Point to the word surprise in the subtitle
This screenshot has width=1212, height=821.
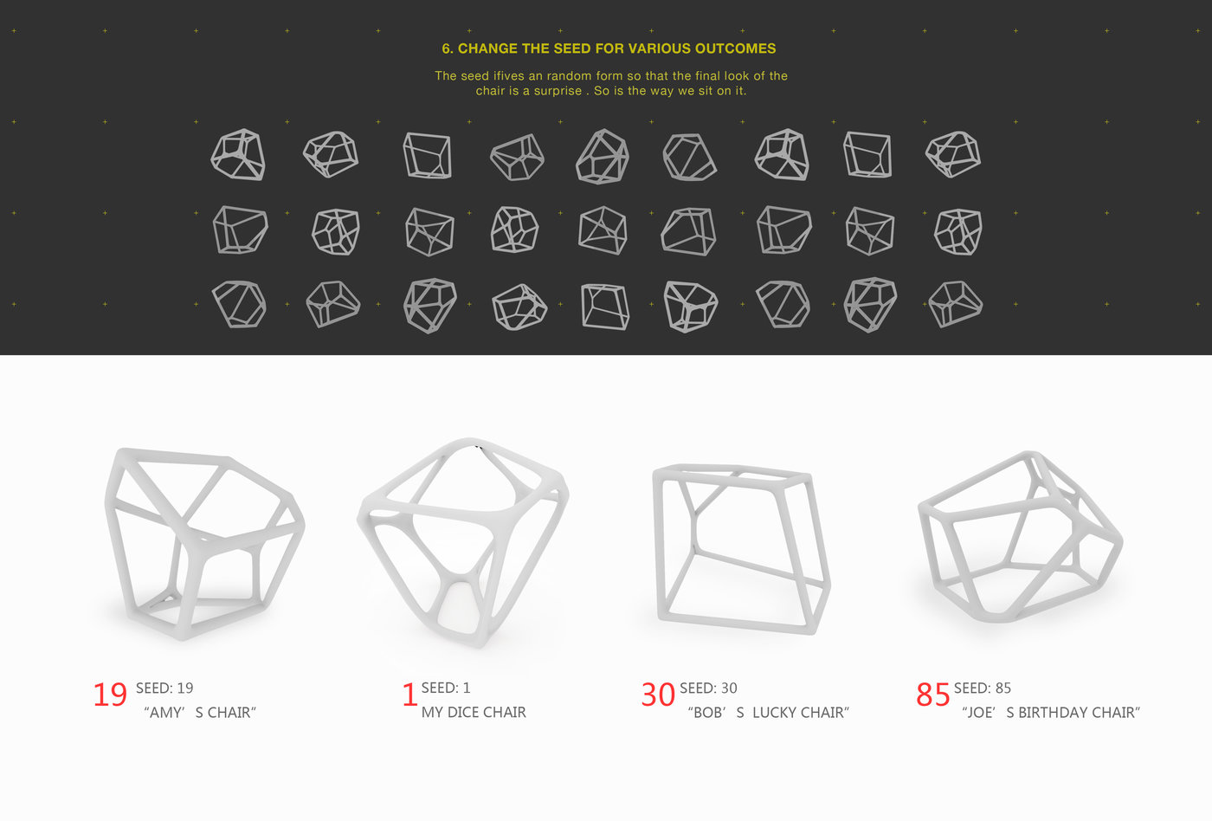[558, 91]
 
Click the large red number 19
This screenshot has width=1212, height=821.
[110, 695]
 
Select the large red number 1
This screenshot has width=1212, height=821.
[409, 695]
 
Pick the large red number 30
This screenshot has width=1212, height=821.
[658, 695]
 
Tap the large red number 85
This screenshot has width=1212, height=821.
[933, 695]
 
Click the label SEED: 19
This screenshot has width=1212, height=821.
[164, 688]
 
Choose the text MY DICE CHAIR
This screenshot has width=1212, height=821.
[474, 713]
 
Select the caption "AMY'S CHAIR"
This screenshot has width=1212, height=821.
[200, 713]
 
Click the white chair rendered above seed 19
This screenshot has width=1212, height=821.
[203, 541]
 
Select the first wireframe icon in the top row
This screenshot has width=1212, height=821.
[238, 155]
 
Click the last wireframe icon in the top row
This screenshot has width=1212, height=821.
[953, 154]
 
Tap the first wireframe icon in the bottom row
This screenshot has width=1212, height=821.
[239, 304]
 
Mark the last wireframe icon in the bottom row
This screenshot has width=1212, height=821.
[955, 303]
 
